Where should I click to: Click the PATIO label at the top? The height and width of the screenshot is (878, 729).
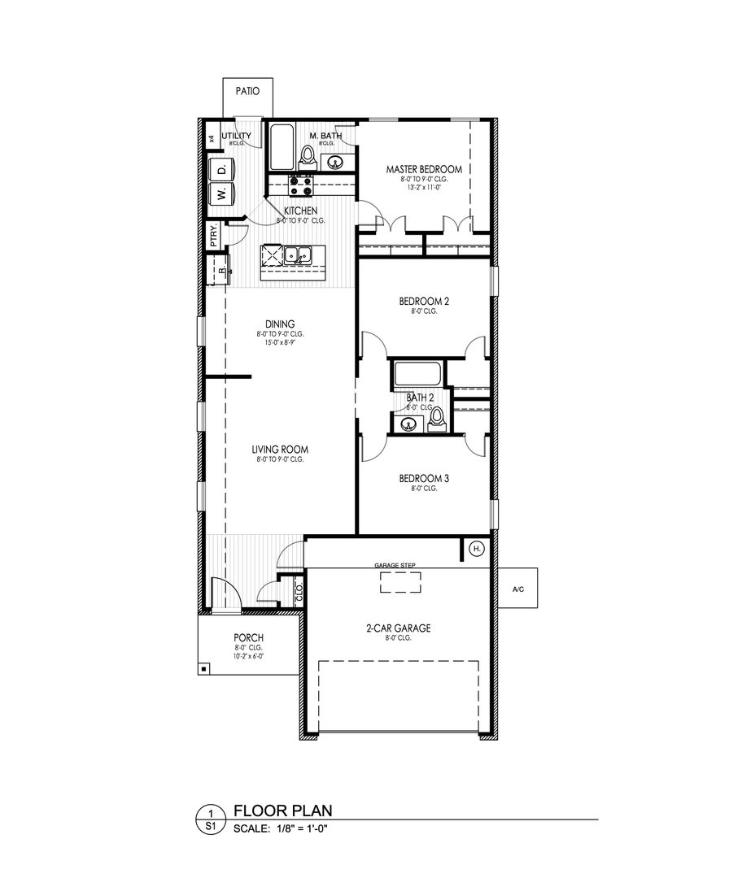coord(248,91)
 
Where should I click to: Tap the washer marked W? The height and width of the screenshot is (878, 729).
coord(220,194)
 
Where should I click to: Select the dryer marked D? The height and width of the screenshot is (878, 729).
coord(220,169)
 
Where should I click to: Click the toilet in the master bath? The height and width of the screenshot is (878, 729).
coord(308,155)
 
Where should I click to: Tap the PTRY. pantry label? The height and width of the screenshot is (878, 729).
coord(213,234)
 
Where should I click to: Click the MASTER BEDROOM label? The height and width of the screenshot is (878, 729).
coord(424,169)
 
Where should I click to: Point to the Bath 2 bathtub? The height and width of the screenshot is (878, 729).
coord(417,375)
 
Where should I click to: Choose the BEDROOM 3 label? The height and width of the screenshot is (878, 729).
coord(424,479)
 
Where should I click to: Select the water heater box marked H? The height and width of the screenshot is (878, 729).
coord(477,550)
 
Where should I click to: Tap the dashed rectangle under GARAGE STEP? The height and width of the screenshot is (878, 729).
coord(401,583)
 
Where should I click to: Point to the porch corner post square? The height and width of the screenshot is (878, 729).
coord(203,668)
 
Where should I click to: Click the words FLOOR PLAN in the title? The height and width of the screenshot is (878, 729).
coord(282,811)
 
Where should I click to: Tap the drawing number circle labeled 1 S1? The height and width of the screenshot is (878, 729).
coord(212,819)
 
